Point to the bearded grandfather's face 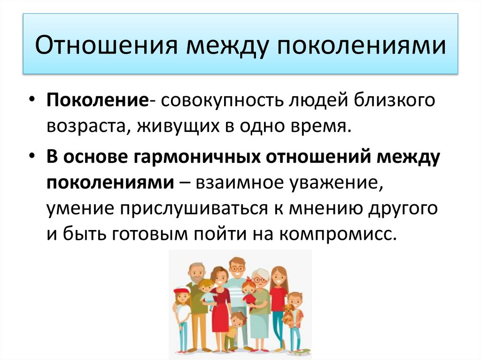[196, 273]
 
